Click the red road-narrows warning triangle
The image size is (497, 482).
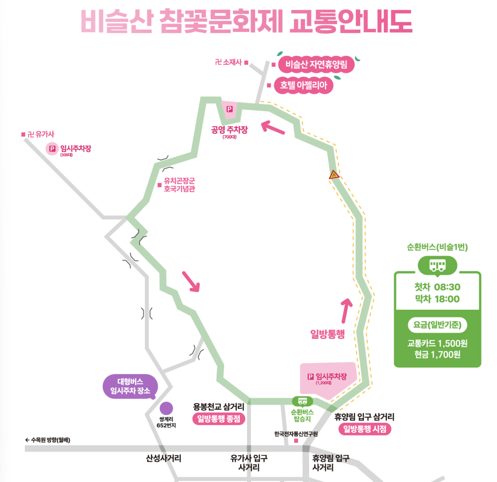(334, 175)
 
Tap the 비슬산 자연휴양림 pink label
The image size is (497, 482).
(316, 64)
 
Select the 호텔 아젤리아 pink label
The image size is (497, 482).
(303, 85)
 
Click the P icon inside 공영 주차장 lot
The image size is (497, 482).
(230, 109)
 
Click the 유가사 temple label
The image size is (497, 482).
(41, 134)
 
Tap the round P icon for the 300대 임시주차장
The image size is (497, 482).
(52, 149)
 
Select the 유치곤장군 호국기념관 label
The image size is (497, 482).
(179, 185)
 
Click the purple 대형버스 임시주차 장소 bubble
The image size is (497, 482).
(130, 386)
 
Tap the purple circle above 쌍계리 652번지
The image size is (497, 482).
(166, 408)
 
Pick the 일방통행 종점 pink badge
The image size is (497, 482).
(219, 419)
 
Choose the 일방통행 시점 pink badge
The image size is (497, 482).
(365, 429)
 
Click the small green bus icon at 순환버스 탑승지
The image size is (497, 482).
(302, 401)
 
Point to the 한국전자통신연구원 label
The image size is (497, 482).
(296, 434)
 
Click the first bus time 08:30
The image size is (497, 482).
(447, 287)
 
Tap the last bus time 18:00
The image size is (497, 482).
(447, 299)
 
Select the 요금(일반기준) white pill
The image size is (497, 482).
(437, 325)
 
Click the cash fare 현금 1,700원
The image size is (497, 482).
(437, 355)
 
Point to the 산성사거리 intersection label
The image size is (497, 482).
(163, 458)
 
